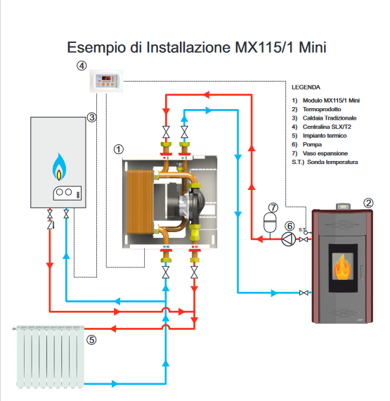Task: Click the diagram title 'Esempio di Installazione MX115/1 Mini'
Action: pos(197,47)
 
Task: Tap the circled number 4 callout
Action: pos(82,66)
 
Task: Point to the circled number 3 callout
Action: pos(91,117)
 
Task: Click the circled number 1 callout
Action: pos(119,149)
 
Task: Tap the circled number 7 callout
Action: pos(273,208)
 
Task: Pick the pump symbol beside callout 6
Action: pos(287,239)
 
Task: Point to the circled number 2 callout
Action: pos(368,203)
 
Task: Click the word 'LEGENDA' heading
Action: pos(305,88)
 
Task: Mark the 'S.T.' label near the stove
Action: pos(301,229)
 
